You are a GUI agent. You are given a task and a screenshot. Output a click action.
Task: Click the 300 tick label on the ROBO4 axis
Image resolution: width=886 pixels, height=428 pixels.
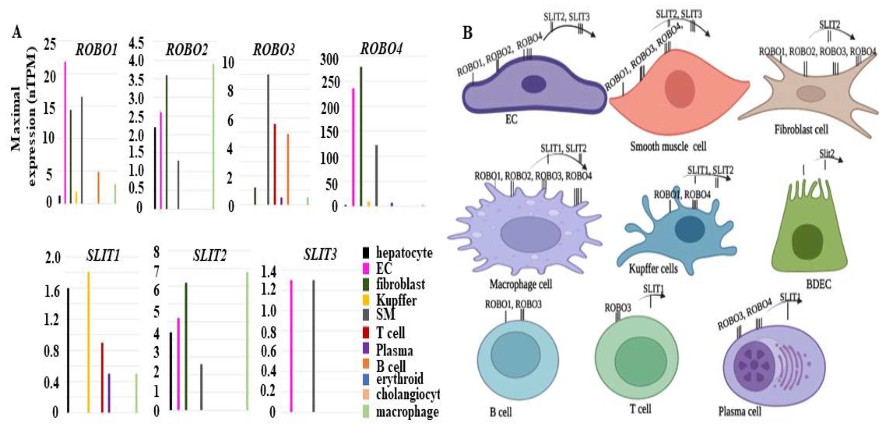coord(329,60)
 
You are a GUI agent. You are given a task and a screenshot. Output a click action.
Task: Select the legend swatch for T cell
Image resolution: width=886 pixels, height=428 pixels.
coord(366,333)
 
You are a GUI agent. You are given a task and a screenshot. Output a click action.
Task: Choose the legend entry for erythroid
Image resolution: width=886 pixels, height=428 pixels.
coord(399,379)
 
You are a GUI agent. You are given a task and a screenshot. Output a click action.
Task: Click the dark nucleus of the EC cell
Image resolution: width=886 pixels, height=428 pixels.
coord(533,84)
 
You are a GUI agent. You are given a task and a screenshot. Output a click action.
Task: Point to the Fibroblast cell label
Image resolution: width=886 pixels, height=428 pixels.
coord(801,130)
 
